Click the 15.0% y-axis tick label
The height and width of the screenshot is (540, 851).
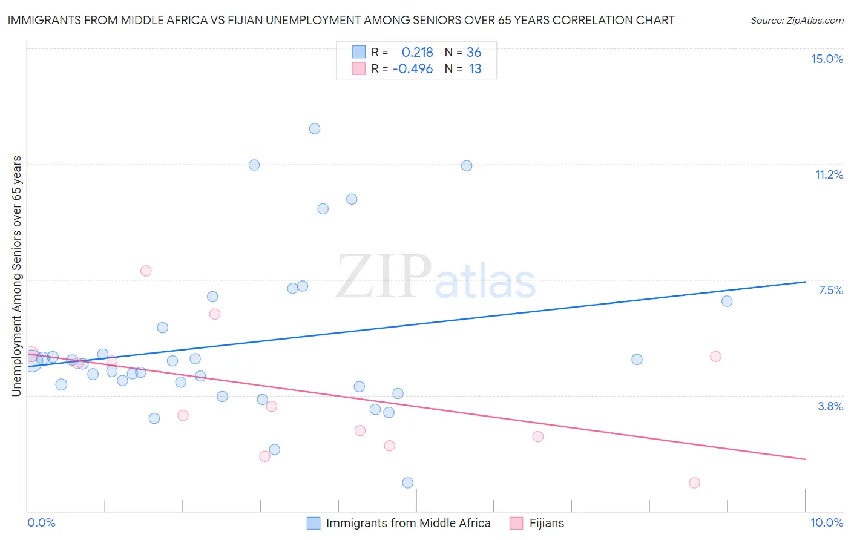point(827,59)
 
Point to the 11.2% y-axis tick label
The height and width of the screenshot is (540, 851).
point(829,174)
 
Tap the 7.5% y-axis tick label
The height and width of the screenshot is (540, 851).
point(830,290)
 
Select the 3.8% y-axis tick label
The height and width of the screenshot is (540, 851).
point(830,406)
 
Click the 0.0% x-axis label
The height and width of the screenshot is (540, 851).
point(41,522)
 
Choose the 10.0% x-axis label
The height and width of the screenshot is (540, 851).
point(827,522)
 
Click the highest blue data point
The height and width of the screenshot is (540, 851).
point(315,128)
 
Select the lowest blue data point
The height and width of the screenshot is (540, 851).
point(408,482)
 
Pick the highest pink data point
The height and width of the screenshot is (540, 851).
point(146,271)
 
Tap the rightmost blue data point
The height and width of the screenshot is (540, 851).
point(727,301)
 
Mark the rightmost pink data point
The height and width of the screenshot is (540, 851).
point(715,356)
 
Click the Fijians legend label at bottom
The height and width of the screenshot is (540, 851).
point(547,523)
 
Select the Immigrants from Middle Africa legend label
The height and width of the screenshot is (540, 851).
point(408,523)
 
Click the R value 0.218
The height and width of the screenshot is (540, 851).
point(417,53)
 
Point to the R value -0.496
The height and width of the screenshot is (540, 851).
point(413,69)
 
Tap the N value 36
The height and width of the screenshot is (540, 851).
point(474,53)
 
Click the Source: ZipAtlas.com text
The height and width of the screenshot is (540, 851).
point(797,21)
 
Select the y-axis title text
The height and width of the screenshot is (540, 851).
point(16,276)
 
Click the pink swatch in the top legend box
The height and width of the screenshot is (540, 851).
point(359,68)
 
